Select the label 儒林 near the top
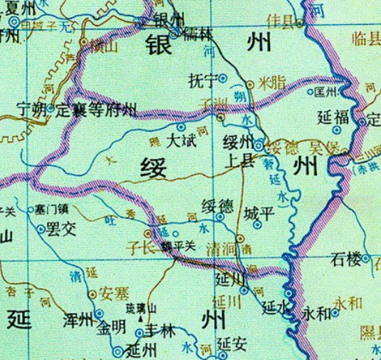pos(197,34)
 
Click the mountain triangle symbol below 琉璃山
pos(150,319)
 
